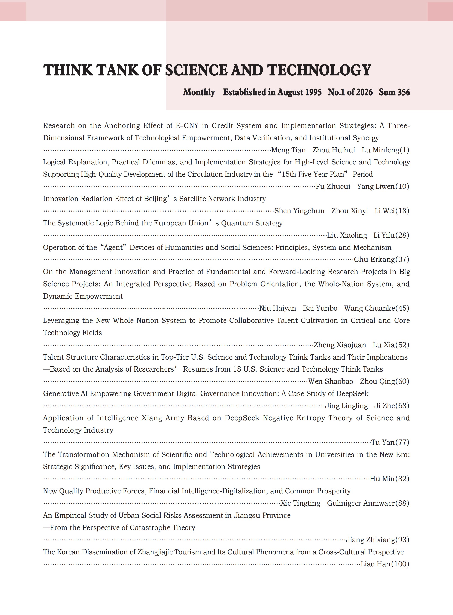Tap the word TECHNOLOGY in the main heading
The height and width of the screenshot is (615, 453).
pyautogui.click(x=319, y=70)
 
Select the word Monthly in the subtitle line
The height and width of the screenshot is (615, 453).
pyautogui.click(x=199, y=92)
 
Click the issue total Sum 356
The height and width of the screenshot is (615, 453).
pyautogui.click(x=394, y=92)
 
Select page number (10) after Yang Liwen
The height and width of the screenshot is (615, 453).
pyautogui.click(x=402, y=187)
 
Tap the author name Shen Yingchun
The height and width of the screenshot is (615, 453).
pyautogui.click(x=300, y=211)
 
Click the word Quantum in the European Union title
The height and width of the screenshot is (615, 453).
pyautogui.click(x=233, y=223)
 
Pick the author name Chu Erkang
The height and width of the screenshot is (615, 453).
pyautogui.click(x=374, y=260)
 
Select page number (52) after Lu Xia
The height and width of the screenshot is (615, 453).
pyautogui.click(x=402, y=345)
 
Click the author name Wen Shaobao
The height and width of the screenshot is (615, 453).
pyautogui.click(x=330, y=381)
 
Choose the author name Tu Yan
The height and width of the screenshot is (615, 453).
pyautogui.click(x=383, y=442)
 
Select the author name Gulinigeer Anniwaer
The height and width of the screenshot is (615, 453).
pyautogui.click(x=361, y=503)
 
